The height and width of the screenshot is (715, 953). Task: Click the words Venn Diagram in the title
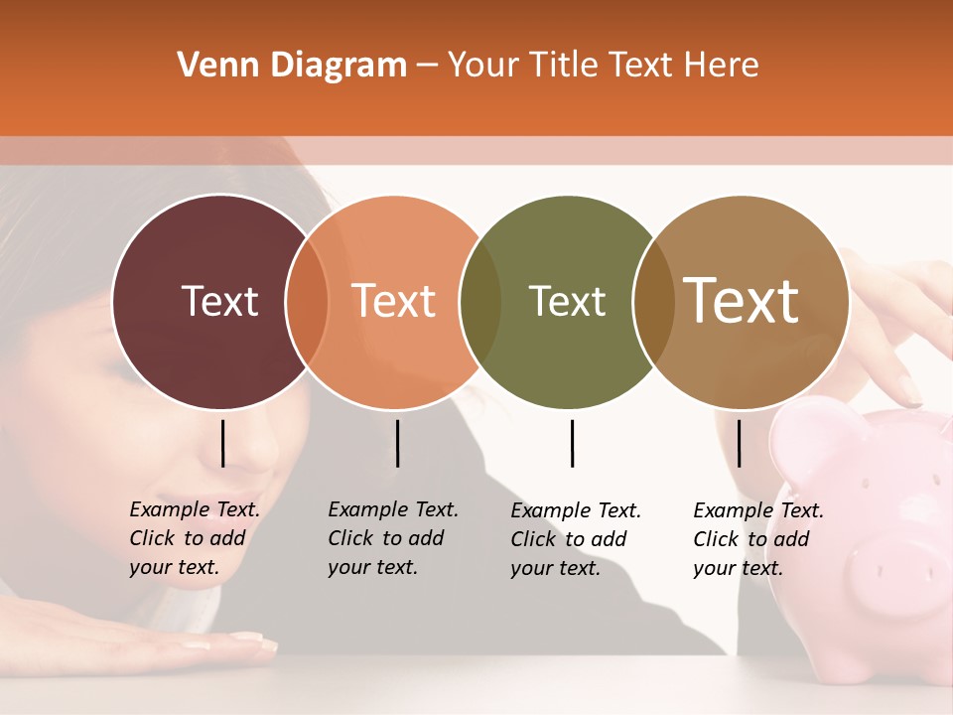click(x=292, y=66)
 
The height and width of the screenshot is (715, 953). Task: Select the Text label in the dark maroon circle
click(x=219, y=301)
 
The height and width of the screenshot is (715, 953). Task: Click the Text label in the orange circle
click(x=394, y=301)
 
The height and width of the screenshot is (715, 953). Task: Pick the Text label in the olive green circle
click(x=567, y=301)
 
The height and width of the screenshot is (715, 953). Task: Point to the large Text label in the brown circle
click(x=742, y=300)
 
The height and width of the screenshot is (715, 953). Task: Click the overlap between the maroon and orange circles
click(x=307, y=302)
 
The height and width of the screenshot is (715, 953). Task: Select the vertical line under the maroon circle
click(x=222, y=443)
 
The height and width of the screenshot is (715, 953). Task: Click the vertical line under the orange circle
click(x=397, y=443)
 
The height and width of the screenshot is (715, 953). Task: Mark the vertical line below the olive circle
click(x=572, y=443)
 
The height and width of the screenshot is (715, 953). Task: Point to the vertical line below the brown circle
click(x=739, y=443)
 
